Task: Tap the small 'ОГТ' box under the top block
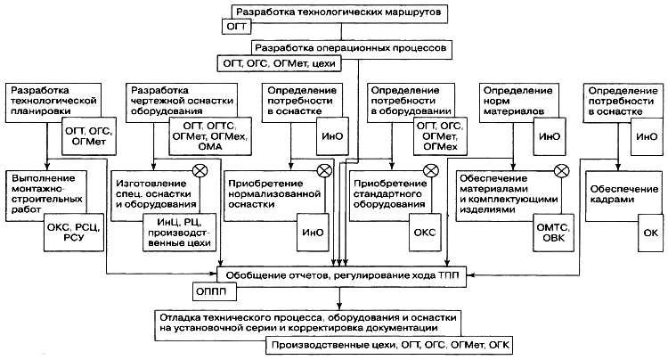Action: click(239, 29)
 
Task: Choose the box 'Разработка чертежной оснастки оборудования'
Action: click(170, 98)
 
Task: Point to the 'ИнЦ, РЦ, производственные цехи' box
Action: click(175, 234)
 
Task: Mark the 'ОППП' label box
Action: click(209, 290)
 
